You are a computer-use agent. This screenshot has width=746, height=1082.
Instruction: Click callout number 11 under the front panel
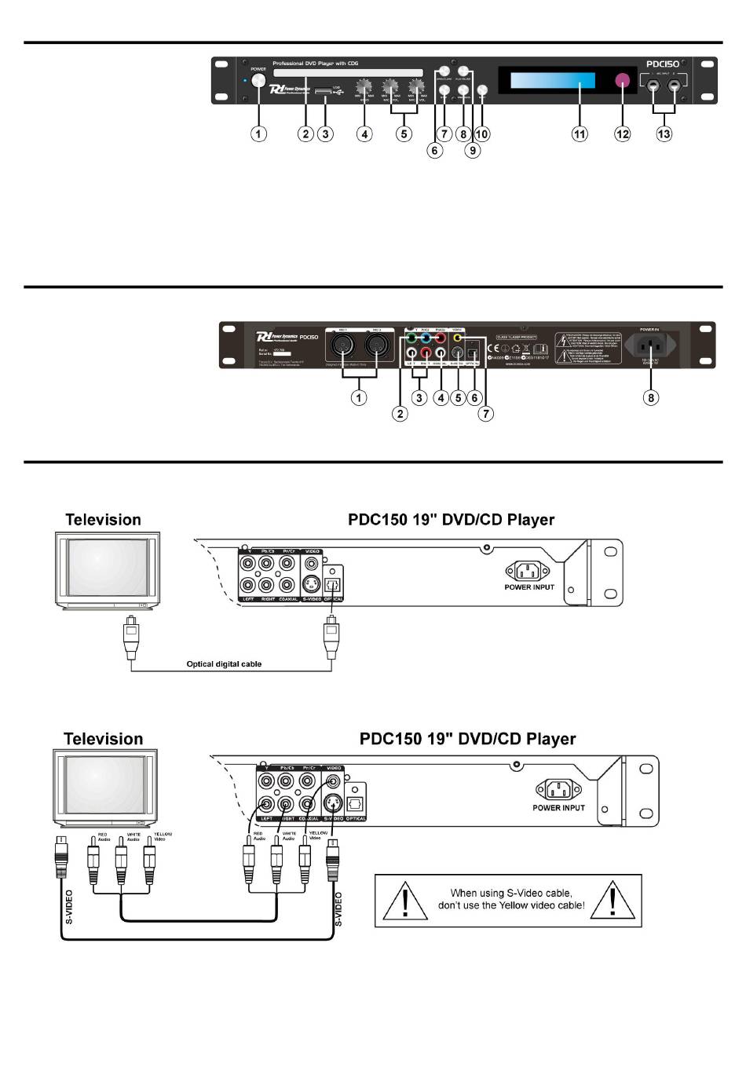coord(580,134)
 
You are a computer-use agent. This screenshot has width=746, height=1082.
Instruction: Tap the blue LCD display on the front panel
coord(553,81)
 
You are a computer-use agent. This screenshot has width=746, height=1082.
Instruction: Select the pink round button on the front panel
coord(623,81)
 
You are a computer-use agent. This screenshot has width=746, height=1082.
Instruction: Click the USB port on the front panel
coord(323,92)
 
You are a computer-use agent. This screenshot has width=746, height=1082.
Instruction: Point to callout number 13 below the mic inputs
coord(664,134)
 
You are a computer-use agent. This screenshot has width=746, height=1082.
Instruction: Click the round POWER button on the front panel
coord(258,81)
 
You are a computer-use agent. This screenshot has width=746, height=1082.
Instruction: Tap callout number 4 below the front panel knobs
coord(364,134)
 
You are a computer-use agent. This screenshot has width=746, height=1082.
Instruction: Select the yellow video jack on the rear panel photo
coord(458,338)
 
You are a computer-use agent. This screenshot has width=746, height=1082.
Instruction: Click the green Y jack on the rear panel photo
coord(411,338)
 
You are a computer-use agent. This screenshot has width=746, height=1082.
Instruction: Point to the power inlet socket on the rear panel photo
coord(650,345)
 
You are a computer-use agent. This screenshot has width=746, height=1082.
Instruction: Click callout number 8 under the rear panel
coord(651,397)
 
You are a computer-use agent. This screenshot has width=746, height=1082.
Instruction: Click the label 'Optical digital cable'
coord(224,664)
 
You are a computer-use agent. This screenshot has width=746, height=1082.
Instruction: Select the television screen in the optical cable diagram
coord(106,567)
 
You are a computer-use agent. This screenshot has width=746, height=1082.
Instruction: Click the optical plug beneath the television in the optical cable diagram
coord(131,637)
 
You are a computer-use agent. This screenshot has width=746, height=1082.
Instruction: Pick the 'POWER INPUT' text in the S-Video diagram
coord(558,808)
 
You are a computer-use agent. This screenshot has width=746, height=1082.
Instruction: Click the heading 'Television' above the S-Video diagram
coord(103,739)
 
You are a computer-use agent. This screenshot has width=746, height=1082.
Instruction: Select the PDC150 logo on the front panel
coord(662,64)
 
